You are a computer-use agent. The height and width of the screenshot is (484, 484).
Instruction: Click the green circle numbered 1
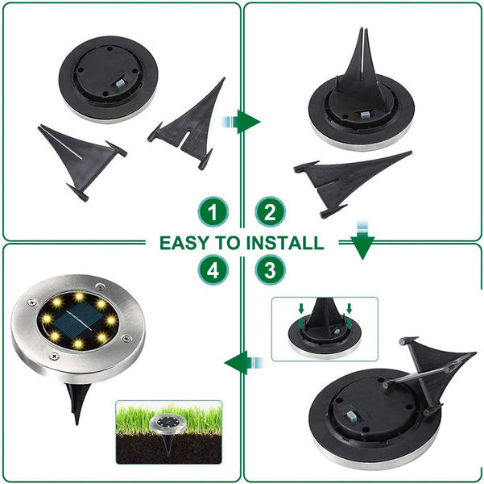pyautogui.click(x=213, y=212)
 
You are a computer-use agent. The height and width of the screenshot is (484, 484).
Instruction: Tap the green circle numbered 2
pyautogui.click(x=270, y=212)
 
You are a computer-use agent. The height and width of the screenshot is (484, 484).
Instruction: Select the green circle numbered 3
pyautogui.click(x=270, y=269)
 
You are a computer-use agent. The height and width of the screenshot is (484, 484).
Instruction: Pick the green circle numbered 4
pyautogui.click(x=213, y=269)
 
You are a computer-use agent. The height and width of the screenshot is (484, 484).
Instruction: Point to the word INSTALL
pyautogui.click(x=285, y=243)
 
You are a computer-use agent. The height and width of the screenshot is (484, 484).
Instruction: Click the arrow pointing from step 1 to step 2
pyautogui.click(x=241, y=122)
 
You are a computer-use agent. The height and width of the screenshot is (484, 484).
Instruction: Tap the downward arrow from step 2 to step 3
pyautogui.click(x=362, y=240)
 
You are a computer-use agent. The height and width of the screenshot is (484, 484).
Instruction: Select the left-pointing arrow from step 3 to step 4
pyautogui.click(x=244, y=362)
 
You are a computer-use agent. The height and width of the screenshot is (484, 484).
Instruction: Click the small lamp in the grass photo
pyautogui.click(x=168, y=426)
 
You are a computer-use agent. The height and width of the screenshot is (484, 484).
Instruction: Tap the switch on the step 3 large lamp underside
pyautogui.click(x=353, y=418)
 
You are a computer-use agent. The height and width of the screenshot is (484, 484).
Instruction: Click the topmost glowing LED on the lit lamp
pyautogui.click(x=80, y=297)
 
